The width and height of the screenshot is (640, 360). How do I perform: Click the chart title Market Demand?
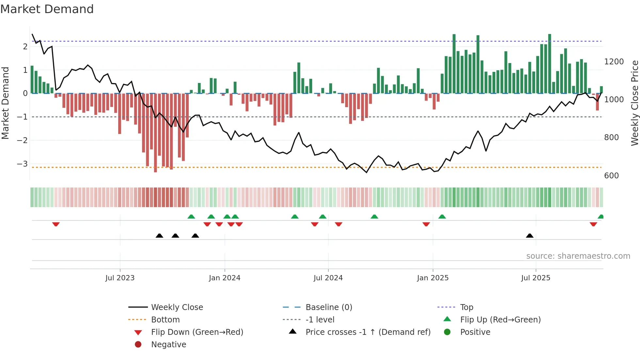coord(47,9)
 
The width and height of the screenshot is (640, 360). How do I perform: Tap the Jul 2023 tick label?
coord(120,278)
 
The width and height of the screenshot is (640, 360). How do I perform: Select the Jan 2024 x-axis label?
coord(225,278)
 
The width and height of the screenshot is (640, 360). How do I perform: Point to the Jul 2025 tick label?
coord(536,278)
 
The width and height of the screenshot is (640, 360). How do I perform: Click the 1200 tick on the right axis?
coord(614,62)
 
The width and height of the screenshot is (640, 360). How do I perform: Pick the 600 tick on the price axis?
coord(611,176)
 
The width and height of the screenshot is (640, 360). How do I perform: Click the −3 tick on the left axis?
coord(23,164)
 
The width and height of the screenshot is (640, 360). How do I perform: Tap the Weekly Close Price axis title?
coord(634,103)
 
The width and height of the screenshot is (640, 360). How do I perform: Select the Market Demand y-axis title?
coord(5,103)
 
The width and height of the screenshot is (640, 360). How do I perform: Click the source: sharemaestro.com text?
coord(578,256)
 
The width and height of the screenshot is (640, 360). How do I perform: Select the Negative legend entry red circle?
coord(138,345)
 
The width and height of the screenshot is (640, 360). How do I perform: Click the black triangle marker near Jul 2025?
coord(530,236)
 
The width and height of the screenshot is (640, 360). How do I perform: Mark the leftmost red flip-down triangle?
coord(56,224)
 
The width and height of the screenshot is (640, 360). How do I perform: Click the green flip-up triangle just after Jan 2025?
coord(442,217)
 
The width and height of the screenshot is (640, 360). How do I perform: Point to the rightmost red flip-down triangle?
coord(593,224)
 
